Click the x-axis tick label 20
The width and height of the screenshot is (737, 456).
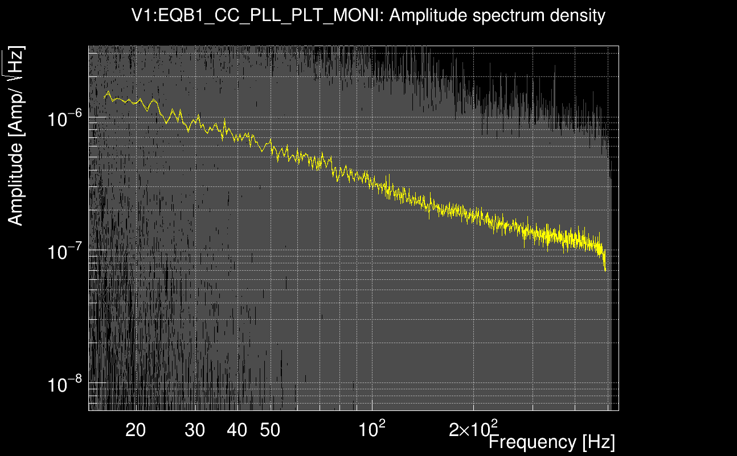click(136, 430)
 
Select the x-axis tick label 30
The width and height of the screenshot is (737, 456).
click(195, 430)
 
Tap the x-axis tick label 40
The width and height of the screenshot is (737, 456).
click(237, 430)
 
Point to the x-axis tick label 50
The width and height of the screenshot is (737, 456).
click(270, 430)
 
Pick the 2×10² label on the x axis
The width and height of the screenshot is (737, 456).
click(473, 429)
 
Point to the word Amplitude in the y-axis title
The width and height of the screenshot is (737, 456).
click(16, 182)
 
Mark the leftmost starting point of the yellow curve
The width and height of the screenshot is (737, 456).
click(104, 97)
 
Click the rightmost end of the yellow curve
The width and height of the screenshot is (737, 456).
click(605, 271)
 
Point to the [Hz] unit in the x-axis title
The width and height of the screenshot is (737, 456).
click(597, 442)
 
